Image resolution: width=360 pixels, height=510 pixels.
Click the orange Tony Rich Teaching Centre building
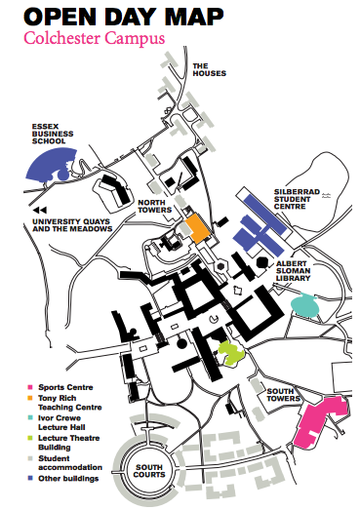tap(198, 227)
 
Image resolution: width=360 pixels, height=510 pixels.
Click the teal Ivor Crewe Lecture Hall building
tap(305, 305)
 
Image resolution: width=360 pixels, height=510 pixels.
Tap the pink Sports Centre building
tap(322, 420)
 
